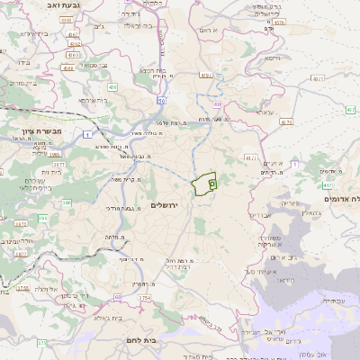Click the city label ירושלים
(x=167, y=207)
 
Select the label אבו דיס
(x=257, y=215)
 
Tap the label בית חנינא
(x=153, y=68)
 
